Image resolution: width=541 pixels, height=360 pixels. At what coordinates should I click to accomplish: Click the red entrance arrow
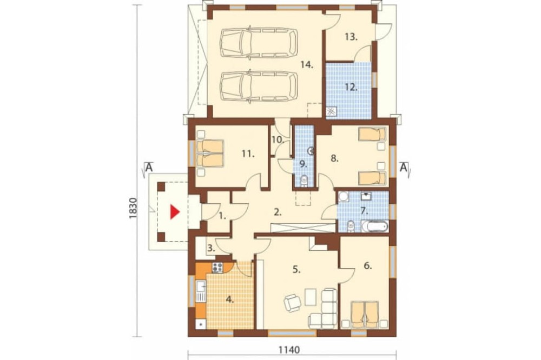tap(175, 212)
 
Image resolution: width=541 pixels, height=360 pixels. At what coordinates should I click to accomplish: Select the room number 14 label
tap(306, 64)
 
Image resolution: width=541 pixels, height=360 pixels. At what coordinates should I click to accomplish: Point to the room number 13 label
tap(351, 37)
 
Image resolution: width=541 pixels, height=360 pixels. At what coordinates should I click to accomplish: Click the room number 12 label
tap(351, 87)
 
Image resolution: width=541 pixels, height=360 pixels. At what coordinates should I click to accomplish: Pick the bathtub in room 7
tap(375, 226)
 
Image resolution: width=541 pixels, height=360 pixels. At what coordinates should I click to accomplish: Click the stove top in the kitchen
tap(217, 268)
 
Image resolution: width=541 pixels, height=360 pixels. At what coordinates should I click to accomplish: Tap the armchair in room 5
tap(293, 303)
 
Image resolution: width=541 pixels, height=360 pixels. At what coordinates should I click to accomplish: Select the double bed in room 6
tap(365, 315)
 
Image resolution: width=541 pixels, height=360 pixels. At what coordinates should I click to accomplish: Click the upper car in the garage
tap(259, 43)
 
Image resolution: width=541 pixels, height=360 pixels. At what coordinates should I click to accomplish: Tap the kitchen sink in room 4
tap(201, 291)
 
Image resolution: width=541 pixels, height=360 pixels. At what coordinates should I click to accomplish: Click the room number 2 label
tap(278, 212)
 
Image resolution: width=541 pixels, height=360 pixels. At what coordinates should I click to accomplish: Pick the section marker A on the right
tap(404, 168)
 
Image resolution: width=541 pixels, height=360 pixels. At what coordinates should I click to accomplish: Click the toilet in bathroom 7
tap(351, 226)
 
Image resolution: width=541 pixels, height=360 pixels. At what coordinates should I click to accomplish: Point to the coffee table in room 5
tap(310, 296)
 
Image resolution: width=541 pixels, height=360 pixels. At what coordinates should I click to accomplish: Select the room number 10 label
tap(278, 139)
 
